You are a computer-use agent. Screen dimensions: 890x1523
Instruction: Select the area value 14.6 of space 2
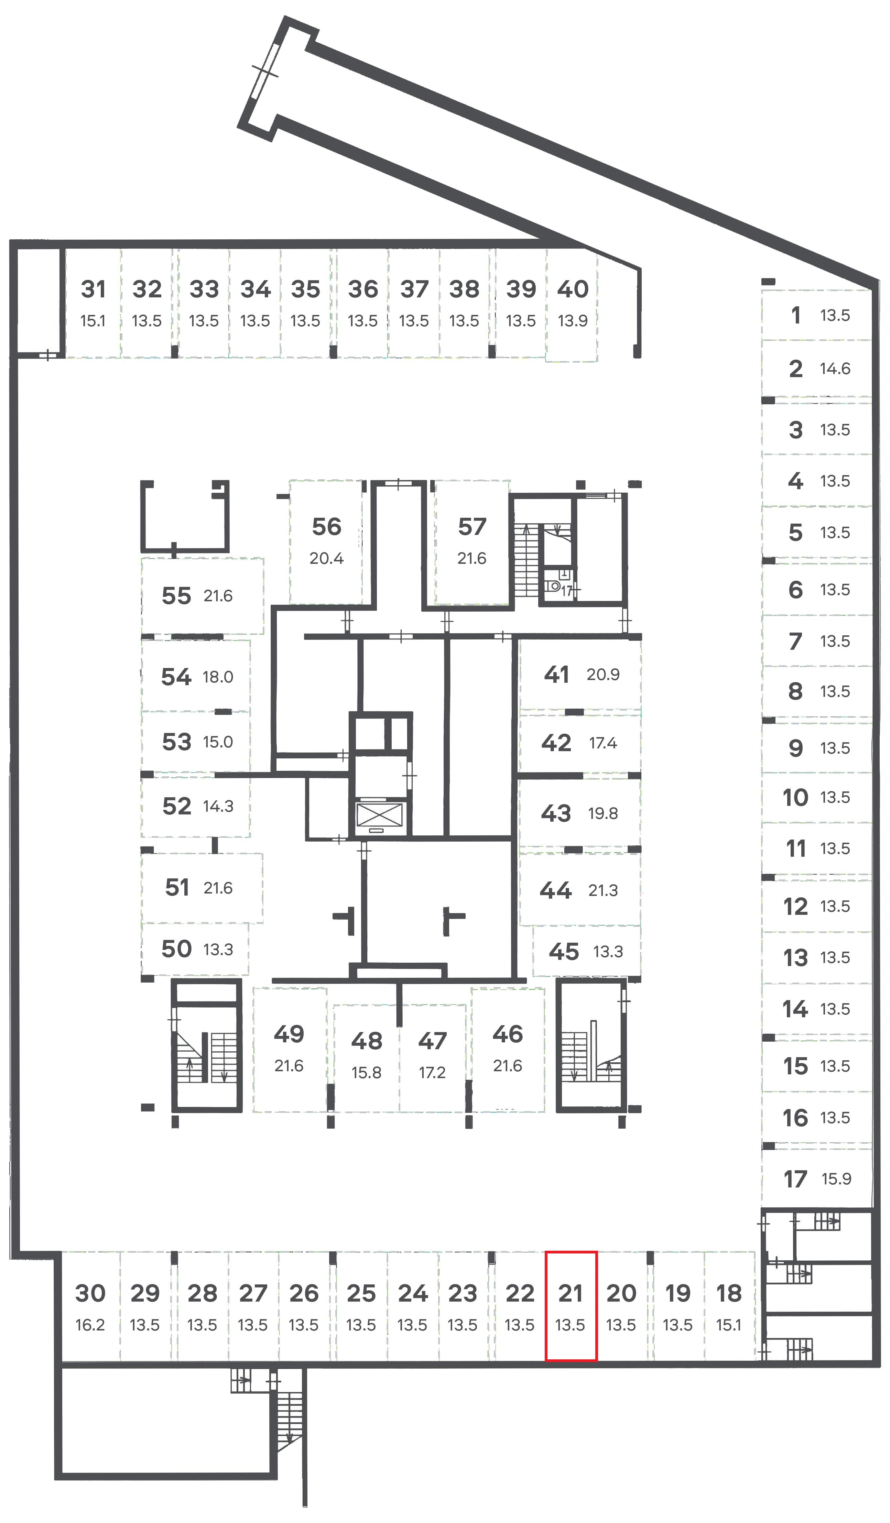[835, 368]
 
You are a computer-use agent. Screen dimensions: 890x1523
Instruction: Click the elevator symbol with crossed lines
[379, 815]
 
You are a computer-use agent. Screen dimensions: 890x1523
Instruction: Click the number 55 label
[176, 596]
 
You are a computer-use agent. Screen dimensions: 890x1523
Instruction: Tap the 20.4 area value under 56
[326, 558]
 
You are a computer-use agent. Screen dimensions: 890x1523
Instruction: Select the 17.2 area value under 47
[432, 1072]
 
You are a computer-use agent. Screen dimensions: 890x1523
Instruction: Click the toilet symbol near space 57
[553, 585]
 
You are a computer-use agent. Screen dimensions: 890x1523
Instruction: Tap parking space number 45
[564, 952]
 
